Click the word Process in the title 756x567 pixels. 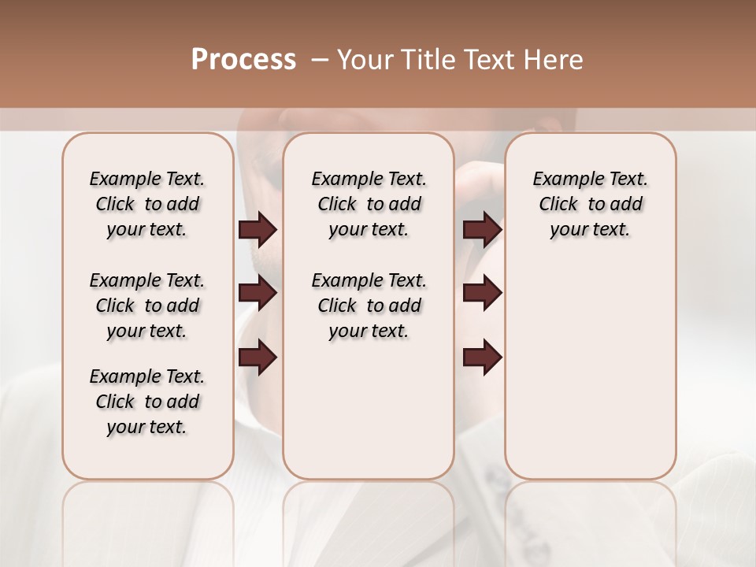(243, 60)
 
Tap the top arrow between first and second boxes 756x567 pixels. (257, 230)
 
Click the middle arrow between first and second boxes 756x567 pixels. (257, 294)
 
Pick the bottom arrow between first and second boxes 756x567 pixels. (257, 358)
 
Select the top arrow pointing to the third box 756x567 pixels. (482, 230)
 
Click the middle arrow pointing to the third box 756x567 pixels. (482, 294)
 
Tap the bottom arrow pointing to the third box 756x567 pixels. (482, 358)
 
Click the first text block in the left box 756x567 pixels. (147, 204)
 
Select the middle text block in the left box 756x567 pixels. (147, 306)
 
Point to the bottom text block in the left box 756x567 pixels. (147, 402)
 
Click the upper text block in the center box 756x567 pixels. (369, 204)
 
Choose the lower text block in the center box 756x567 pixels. (369, 306)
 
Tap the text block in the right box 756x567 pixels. (591, 204)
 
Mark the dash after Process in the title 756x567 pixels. (319, 60)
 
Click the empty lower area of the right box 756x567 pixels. (591, 370)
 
